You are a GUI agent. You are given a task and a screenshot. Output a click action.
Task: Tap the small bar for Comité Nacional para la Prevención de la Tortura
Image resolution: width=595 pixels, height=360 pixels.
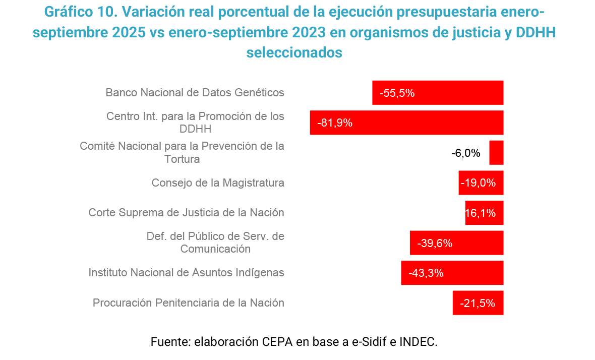[496, 153]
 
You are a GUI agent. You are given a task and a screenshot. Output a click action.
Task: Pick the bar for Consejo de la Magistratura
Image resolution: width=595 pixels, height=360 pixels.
[481, 183]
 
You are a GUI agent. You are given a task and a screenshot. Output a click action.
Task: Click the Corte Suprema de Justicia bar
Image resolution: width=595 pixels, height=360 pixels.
[484, 213]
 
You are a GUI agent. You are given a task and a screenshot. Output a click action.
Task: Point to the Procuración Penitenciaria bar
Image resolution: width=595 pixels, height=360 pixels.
[478, 303]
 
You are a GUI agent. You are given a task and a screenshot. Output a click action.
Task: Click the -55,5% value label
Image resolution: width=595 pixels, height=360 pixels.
[397, 93]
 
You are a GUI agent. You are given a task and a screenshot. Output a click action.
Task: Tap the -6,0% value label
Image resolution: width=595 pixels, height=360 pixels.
[466, 153]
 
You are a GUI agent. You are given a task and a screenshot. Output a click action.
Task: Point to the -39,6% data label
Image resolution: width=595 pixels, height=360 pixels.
[435, 243]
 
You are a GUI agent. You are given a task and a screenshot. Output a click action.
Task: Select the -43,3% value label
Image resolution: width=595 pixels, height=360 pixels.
[426, 273]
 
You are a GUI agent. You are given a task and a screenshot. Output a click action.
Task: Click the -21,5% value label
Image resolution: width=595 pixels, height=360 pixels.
[478, 304]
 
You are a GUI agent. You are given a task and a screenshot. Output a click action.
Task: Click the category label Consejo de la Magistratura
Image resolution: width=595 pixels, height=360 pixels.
[218, 183]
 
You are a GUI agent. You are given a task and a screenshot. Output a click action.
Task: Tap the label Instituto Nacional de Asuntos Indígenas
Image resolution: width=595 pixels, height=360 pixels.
[186, 273]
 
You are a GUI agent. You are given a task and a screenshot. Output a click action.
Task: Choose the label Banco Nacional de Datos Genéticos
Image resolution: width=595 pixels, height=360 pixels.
[195, 93]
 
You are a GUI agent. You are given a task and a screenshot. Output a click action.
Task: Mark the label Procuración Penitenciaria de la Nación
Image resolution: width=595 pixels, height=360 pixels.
[188, 303]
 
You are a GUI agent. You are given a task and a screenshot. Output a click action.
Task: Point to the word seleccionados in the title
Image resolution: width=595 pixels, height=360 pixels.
[294, 52]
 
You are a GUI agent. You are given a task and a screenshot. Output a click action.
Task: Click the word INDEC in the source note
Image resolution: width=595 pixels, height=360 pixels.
[418, 341]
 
